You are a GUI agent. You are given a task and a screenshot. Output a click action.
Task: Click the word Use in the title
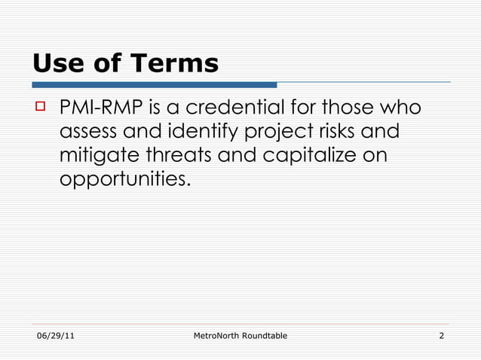[57, 64]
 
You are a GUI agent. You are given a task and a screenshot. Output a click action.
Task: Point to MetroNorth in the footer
[219, 335]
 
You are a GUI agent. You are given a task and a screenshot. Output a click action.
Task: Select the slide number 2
[441, 335]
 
